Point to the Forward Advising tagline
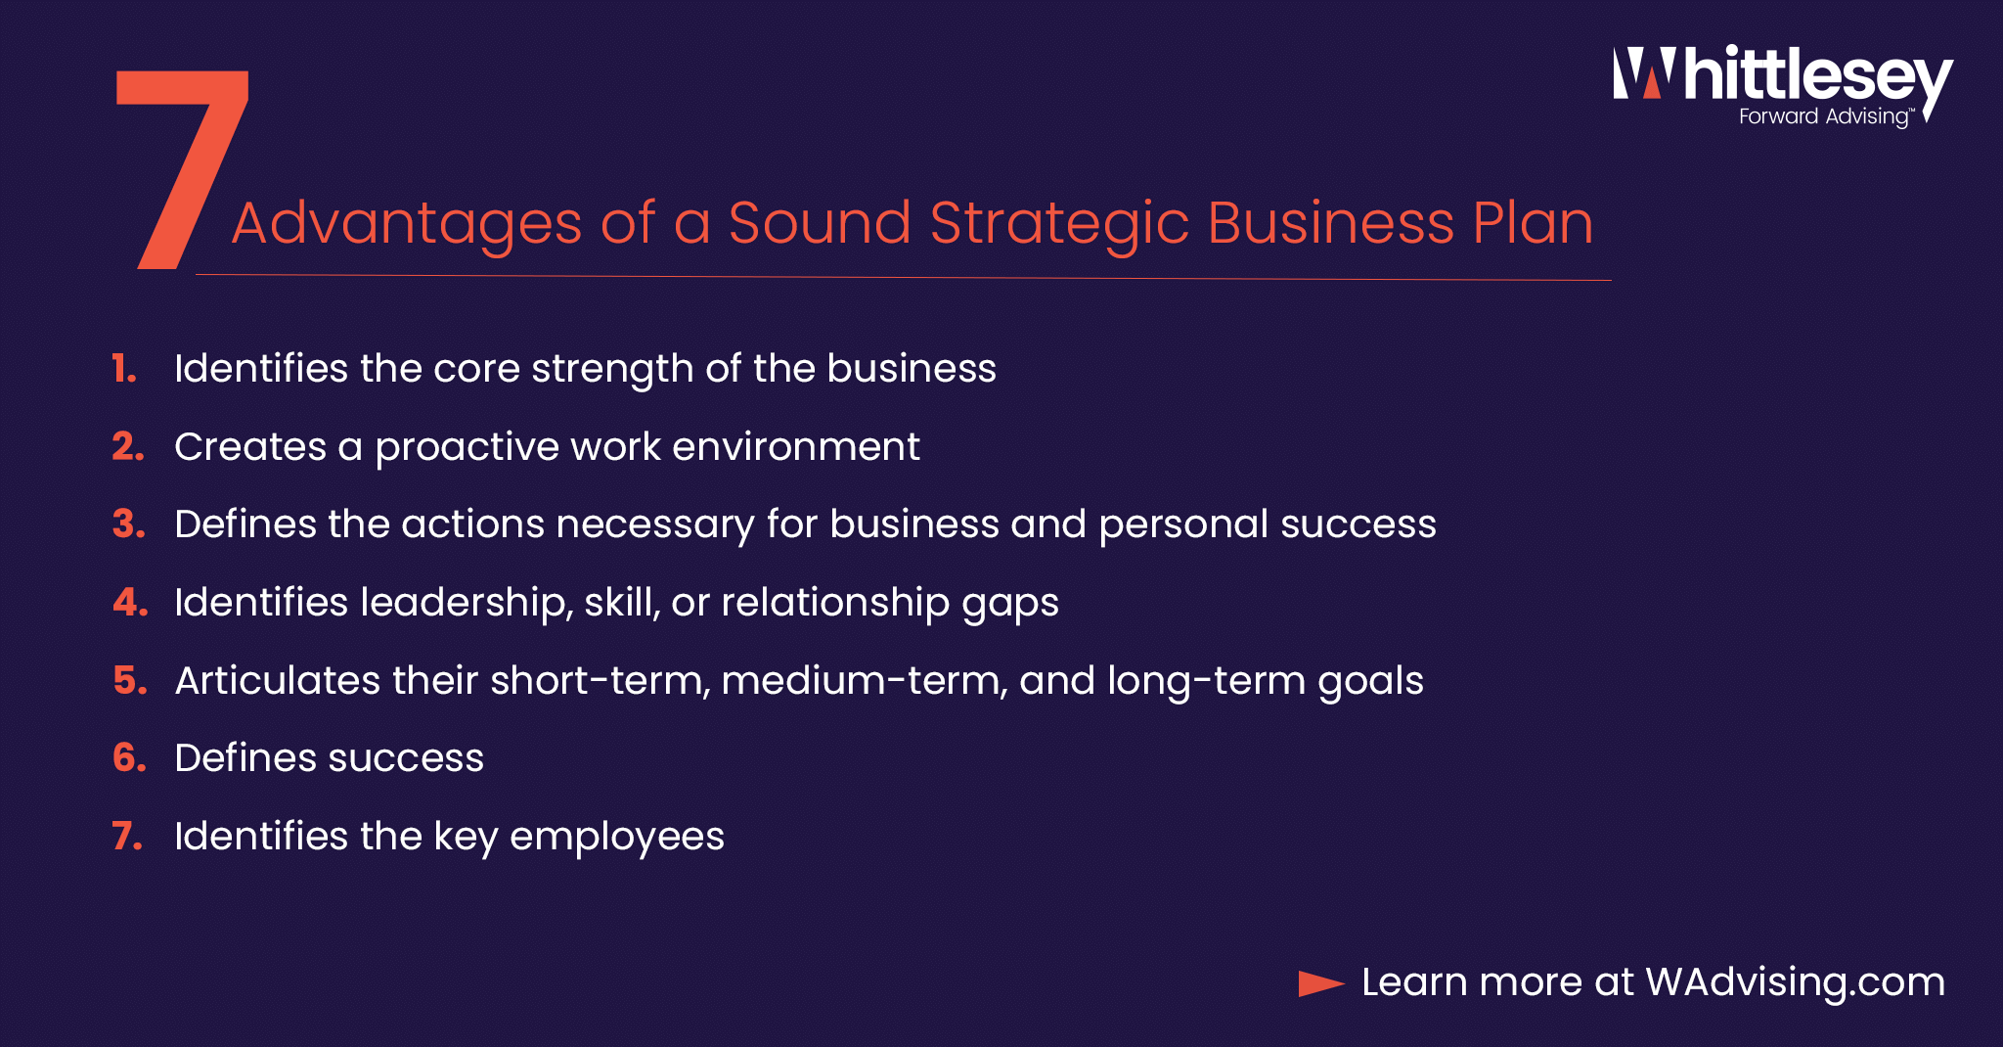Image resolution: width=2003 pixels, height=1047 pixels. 1825,116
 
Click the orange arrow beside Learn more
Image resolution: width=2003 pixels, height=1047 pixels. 1321,983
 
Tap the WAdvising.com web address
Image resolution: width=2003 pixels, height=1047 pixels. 1796,982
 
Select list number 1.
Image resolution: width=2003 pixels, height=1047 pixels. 124,369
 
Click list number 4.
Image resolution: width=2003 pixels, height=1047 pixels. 130,603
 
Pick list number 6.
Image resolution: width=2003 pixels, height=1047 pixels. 129,758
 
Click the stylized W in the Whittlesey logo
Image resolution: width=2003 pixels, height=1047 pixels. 1643,74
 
